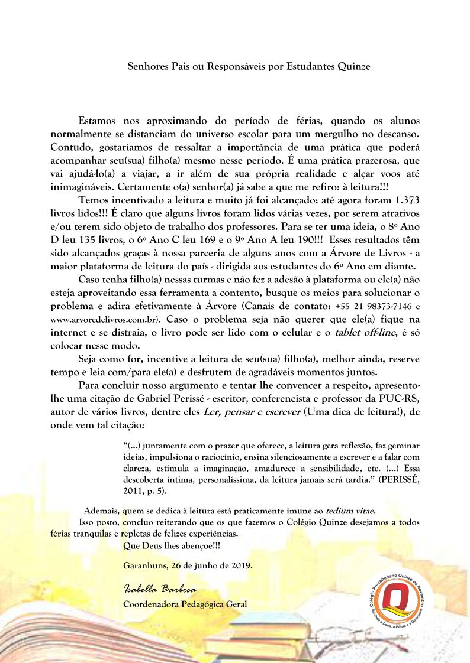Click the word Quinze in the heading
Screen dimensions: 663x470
pyautogui.click(x=355, y=67)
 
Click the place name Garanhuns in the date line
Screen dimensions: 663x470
pyautogui.click(x=144, y=565)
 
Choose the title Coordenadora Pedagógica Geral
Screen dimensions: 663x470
pyautogui.click(x=185, y=604)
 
